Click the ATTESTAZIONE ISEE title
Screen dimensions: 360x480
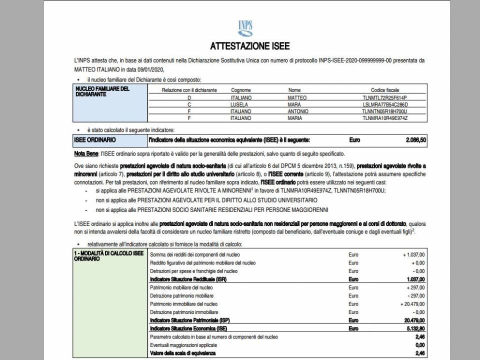[x=249, y=46]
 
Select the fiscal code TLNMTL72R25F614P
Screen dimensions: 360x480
[x=385, y=97]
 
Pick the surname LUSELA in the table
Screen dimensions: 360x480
[x=239, y=104]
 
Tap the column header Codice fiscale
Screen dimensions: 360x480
[x=385, y=90]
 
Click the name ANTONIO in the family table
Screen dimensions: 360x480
[x=298, y=111]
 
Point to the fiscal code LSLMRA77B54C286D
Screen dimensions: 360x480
[x=385, y=104]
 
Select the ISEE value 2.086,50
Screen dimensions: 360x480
[x=415, y=140]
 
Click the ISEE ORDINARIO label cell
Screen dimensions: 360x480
[x=95, y=140]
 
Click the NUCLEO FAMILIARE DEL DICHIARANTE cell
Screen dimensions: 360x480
[x=102, y=91]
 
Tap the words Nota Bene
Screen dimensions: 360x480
[x=85, y=153]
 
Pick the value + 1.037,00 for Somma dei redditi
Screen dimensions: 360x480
[x=411, y=254]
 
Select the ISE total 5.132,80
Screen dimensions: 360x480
[x=415, y=328]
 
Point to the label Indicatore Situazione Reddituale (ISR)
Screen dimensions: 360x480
[x=188, y=279]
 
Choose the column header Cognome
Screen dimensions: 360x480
[x=241, y=90]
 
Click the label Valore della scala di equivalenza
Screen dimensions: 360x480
[x=183, y=353]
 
